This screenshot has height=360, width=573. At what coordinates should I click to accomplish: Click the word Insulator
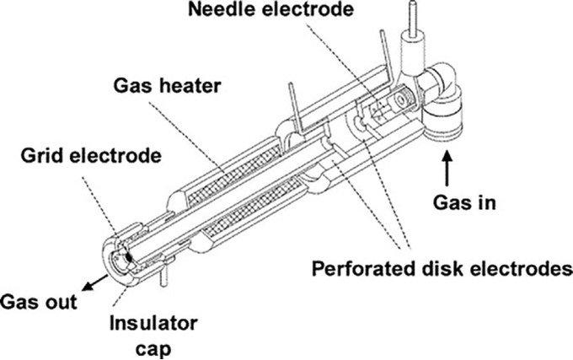154,324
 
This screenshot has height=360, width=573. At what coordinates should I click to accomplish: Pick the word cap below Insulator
153,349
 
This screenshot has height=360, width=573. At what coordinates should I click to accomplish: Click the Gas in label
464,202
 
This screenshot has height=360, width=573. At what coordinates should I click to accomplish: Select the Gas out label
39,302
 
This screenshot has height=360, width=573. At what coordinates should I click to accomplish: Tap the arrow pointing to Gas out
94,283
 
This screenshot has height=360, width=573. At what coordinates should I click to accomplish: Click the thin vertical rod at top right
412,18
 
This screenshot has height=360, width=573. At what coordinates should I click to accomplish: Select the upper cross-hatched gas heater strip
234,175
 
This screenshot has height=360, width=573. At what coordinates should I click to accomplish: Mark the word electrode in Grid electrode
115,156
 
